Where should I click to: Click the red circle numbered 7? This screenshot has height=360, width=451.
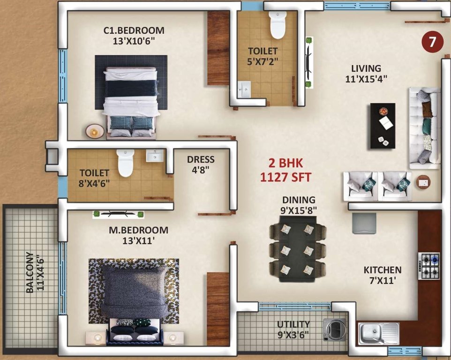[432, 42]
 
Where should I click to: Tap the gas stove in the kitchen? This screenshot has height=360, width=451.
[429, 265]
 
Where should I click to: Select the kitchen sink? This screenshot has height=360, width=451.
[379, 333]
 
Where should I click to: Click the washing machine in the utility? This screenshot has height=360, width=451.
[334, 329]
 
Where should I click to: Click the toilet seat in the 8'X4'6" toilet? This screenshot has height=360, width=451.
[126, 164]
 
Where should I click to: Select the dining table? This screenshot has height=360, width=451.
[297, 252]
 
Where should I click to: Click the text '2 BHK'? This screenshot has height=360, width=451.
[286, 164]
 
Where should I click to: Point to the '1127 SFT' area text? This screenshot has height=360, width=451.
[286, 177]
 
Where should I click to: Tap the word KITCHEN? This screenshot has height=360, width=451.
[383, 270]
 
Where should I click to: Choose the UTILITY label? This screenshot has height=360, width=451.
[293, 324]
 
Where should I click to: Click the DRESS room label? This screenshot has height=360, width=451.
[201, 159]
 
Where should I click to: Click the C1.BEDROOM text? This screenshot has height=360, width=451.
[134, 31]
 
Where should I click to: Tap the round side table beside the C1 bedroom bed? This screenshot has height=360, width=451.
[95, 131]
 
